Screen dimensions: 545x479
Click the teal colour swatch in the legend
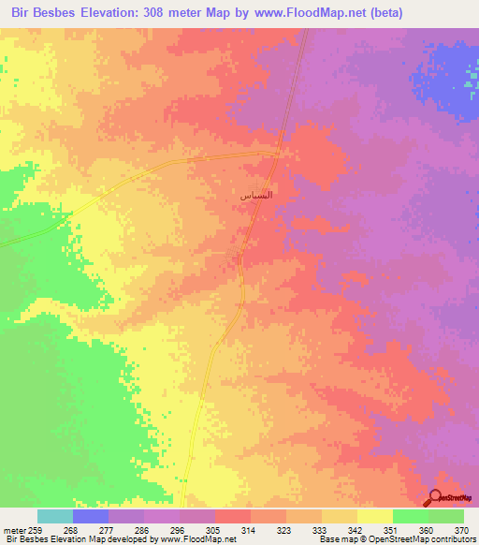tap(55, 516)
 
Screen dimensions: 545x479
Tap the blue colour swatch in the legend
tap(91, 516)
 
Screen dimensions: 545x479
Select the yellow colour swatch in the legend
tap(375, 516)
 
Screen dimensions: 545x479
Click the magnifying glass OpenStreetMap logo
tap(436, 498)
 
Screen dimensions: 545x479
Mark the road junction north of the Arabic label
tap(279, 155)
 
